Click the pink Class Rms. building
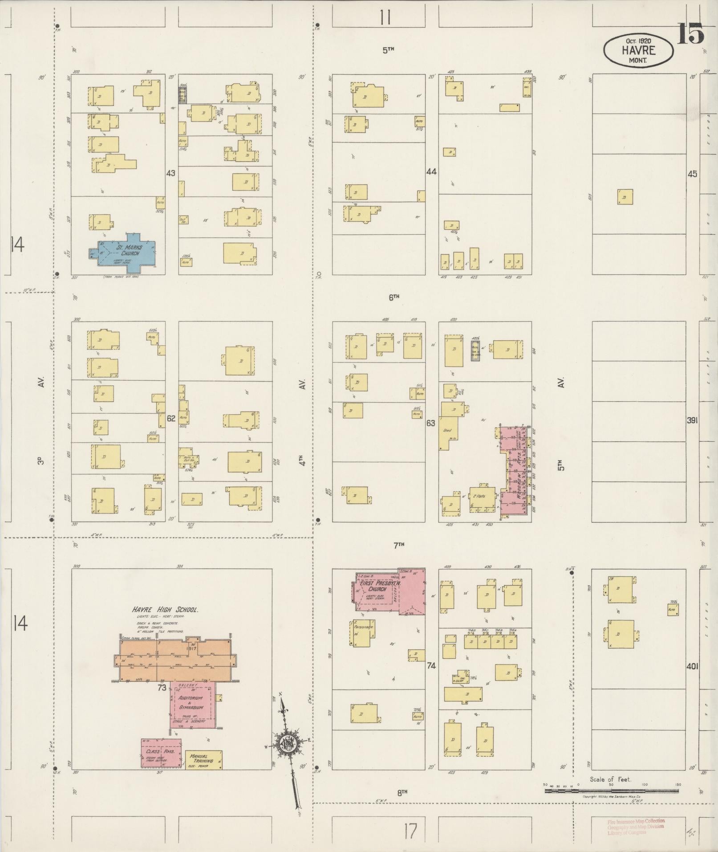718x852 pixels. coord(161,753)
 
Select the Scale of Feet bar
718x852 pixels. coord(612,791)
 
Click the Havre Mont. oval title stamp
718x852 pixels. coord(638,51)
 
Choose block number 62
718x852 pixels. coord(171,418)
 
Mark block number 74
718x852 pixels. coord(431,665)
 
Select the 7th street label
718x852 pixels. coord(398,544)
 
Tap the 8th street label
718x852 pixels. coord(402,792)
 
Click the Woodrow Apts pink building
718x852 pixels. coord(516,472)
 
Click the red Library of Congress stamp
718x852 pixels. coord(636,826)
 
